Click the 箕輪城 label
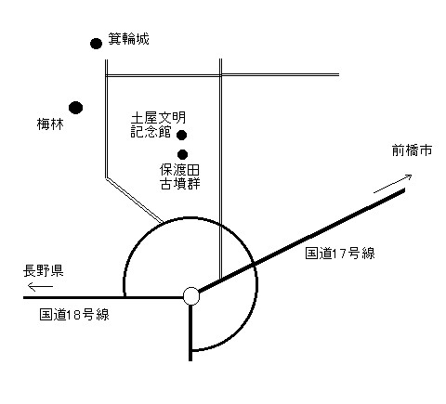click(128, 39)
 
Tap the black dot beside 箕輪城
click(96, 44)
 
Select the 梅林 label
click(50, 124)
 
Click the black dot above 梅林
click(76, 108)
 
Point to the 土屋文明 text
click(158, 118)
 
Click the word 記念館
click(151, 132)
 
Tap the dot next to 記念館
click(181, 135)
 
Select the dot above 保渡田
click(182, 154)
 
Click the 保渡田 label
click(179, 170)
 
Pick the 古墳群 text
click(180, 184)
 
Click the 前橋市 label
click(412, 150)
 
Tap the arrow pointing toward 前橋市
click(393, 184)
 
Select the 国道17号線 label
click(340, 254)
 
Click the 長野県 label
click(44, 270)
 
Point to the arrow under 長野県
click(40, 286)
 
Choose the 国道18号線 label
click(74, 315)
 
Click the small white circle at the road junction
click(191, 296)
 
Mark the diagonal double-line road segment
click(135, 201)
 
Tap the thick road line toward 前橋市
click(302, 241)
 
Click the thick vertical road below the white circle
click(190, 332)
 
